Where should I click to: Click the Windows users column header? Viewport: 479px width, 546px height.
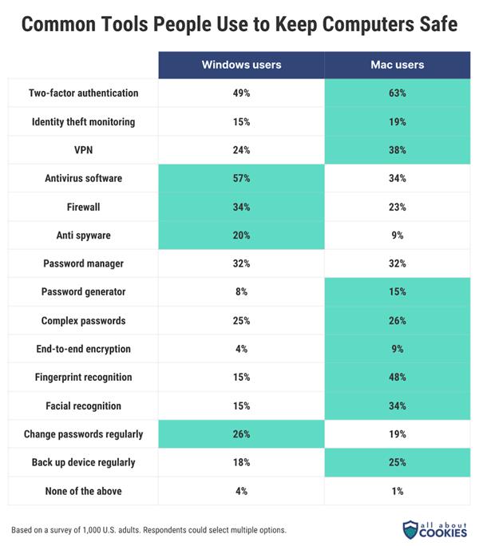pos(242,65)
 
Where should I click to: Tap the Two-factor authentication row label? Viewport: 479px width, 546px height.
pos(84,93)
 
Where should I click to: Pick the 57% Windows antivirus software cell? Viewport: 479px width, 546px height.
pos(242,178)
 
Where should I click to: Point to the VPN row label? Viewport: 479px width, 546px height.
pos(84,150)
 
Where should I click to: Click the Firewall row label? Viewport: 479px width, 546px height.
pos(84,207)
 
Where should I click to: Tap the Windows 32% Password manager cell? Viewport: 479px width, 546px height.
pos(242,263)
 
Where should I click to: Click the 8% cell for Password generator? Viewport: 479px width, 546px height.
pos(242,292)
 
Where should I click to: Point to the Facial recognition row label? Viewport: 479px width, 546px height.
pos(84,406)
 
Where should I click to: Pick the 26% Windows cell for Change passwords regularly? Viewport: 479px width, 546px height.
pos(242,434)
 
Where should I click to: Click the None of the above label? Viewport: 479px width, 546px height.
pos(84,491)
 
